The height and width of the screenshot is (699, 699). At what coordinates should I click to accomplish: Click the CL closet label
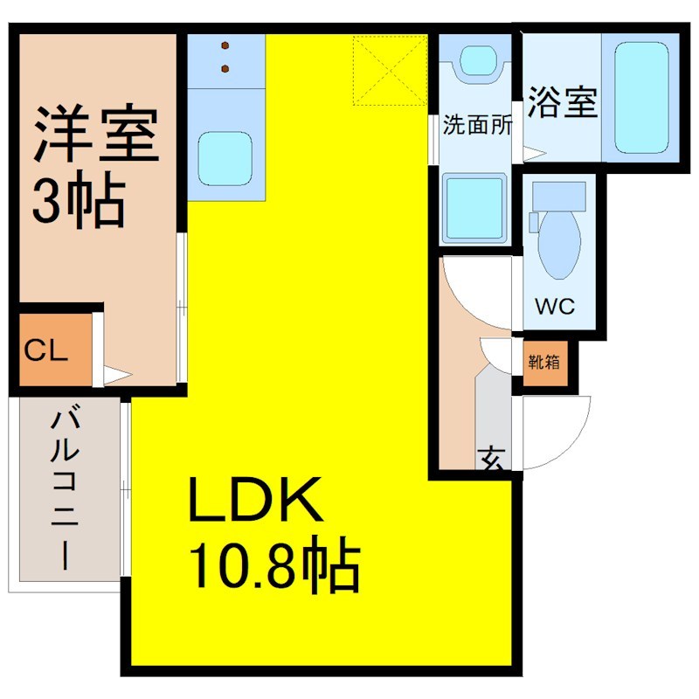click(x=46, y=350)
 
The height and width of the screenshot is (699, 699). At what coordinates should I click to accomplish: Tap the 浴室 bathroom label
click(x=562, y=102)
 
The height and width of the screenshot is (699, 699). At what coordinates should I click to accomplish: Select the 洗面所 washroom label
click(x=477, y=125)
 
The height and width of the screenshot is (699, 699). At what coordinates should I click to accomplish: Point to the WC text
click(x=555, y=307)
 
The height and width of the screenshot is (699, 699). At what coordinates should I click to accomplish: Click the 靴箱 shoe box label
click(x=543, y=362)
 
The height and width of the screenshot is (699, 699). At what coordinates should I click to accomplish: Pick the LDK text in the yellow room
click(x=255, y=499)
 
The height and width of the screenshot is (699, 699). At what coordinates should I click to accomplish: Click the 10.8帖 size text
click(x=274, y=564)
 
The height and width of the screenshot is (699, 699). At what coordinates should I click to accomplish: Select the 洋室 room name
click(x=96, y=133)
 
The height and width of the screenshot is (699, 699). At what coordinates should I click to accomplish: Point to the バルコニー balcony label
click(x=66, y=486)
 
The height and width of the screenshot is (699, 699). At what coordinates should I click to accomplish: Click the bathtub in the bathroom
click(x=641, y=98)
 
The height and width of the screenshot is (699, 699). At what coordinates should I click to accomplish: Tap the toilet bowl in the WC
click(x=559, y=245)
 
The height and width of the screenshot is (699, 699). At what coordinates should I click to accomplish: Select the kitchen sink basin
click(x=225, y=159)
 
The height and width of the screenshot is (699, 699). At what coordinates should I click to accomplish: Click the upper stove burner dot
click(x=225, y=45)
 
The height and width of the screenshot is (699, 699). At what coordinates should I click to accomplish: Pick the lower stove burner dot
click(x=225, y=69)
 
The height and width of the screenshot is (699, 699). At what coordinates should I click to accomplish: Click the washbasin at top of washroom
click(x=477, y=61)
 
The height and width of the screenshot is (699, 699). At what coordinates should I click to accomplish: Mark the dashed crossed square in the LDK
click(x=391, y=70)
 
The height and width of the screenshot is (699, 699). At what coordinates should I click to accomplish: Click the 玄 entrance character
click(x=492, y=460)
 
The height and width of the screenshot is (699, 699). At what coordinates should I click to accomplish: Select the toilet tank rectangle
click(x=559, y=197)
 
